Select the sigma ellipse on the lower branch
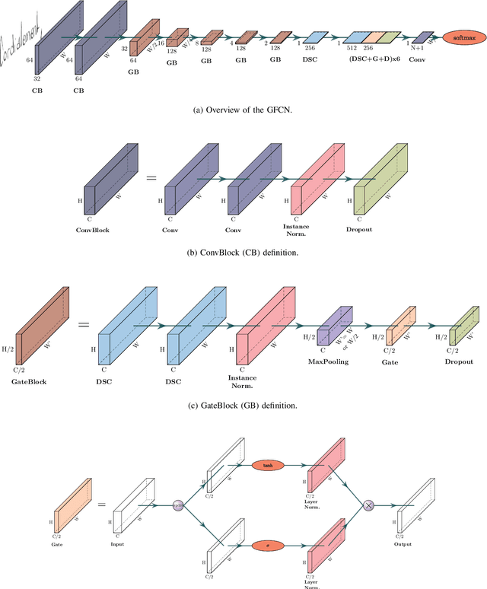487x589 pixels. [268, 545]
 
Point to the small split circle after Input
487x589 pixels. [179, 505]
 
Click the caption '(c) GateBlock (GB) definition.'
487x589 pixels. [243, 406]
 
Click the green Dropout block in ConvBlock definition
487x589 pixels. [380, 183]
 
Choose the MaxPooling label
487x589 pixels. [329, 361]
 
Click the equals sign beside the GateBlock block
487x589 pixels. [84, 325]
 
